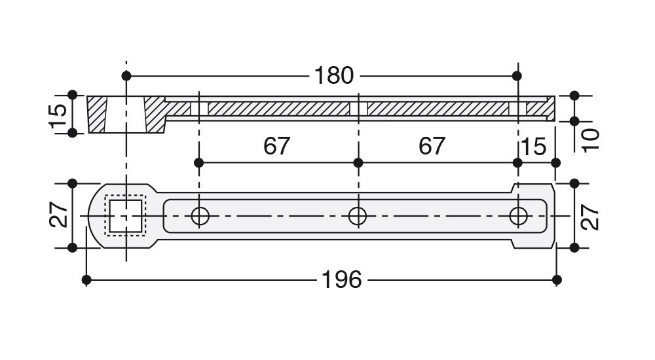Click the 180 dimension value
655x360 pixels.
pyautogui.click(x=334, y=75)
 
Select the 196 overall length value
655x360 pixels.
pyautogui.click(x=341, y=280)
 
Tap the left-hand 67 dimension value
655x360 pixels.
pyautogui.click(x=276, y=146)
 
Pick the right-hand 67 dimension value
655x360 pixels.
pyautogui.click(x=432, y=146)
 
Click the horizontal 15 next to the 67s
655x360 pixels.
pyautogui.click(x=534, y=147)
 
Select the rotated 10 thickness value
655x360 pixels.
pyautogui.click(x=591, y=139)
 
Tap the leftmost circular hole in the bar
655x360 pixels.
pyautogui.click(x=199, y=215)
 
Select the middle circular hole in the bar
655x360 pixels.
pyautogui.click(x=357, y=215)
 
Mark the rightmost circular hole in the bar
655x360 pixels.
pyautogui.click(x=519, y=215)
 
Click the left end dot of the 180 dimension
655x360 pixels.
pyautogui.click(x=126, y=76)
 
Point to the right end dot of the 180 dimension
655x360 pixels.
pyautogui.click(x=517, y=76)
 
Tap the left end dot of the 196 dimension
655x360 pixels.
pyautogui.click(x=86, y=280)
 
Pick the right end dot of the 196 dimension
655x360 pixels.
pyautogui.click(x=556, y=280)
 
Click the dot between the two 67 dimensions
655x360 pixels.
pyautogui.click(x=358, y=162)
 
